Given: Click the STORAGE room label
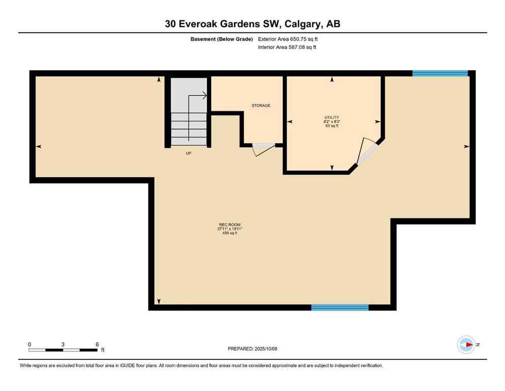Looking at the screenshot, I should pyautogui.click(x=261, y=105).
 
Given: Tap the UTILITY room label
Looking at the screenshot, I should pyautogui.click(x=331, y=118).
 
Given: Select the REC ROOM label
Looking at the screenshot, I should pyautogui.click(x=230, y=225).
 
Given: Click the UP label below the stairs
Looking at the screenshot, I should pyautogui.click(x=188, y=153).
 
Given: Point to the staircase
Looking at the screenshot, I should pyautogui.click(x=189, y=112).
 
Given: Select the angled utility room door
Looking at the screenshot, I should pyautogui.click(x=367, y=152).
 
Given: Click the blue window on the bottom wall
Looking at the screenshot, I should pyautogui.click(x=340, y=307).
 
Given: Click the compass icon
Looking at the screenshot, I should pyautogui.click(x=465, y=345).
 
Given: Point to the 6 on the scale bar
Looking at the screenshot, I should pyautogui.click(x=97, y=344).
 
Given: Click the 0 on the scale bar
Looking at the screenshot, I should pyautogui.click(x=29, y=344).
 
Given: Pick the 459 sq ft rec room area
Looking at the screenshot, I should pyautogui.click(x=230, y=234).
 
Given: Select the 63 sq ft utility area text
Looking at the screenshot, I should pyautogui.click(x=332, y=126).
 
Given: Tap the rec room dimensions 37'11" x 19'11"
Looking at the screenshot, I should pyautogui.click(x=230, y=229).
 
